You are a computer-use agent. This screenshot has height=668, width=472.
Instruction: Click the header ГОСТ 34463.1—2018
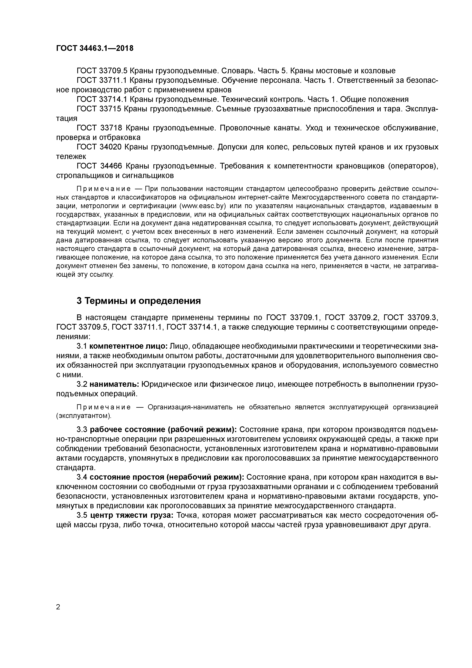(95, 48)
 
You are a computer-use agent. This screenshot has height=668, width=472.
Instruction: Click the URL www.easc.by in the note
(203, 206)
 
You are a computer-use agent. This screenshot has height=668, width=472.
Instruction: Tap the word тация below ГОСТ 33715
(67, 118)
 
